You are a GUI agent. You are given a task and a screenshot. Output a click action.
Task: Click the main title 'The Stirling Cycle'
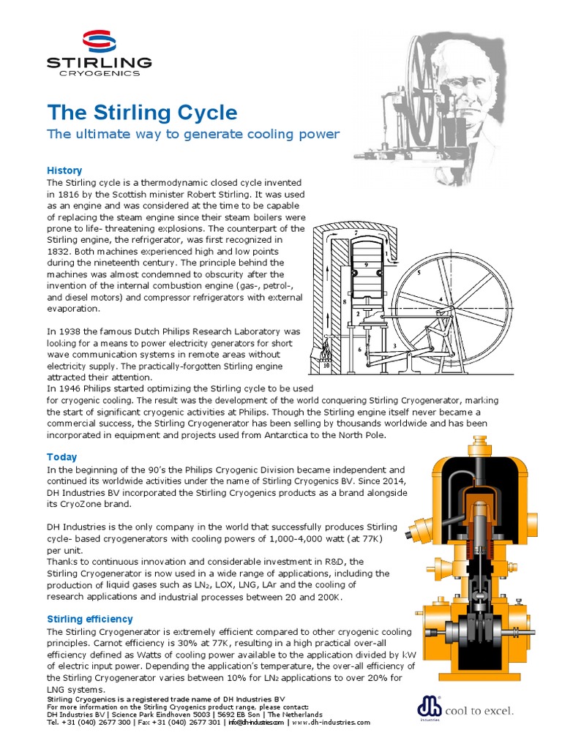point(142,113)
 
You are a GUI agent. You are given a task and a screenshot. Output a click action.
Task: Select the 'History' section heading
point(64,170)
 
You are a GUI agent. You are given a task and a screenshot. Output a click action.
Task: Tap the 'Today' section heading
point(61,456)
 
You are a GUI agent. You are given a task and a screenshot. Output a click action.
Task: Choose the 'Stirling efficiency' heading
point(90,619)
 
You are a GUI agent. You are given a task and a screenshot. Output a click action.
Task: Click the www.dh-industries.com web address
point(331,722)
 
